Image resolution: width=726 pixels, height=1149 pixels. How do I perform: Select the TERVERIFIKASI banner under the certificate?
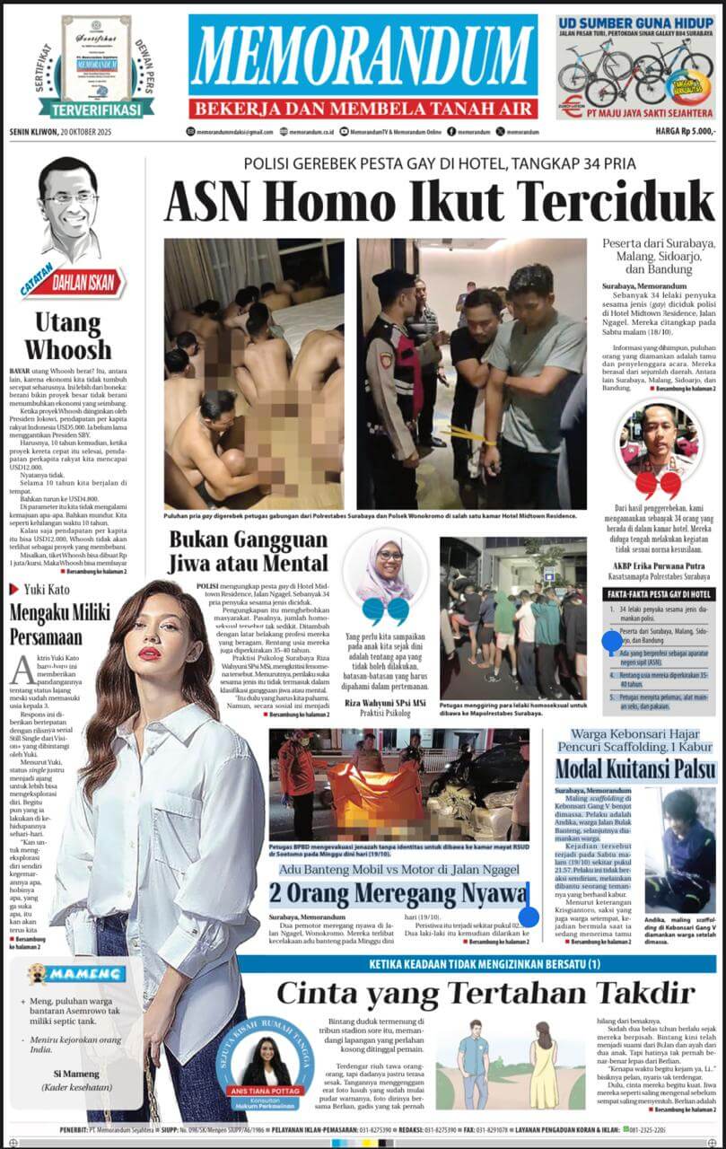[96, 109]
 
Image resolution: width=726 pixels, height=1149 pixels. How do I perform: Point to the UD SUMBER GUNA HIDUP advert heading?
[635, 23]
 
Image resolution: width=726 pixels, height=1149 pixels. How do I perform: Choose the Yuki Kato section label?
[47, 589]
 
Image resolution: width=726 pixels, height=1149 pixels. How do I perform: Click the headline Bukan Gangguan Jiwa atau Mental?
[249, 552]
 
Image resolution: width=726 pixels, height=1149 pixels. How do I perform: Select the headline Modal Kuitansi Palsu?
[635, 769]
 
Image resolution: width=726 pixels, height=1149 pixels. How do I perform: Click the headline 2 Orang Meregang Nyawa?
[399, 893]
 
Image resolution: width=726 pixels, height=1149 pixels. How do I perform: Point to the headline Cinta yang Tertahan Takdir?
[485, 992]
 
